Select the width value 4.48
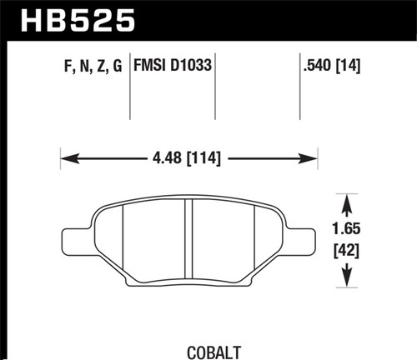click(170, 155)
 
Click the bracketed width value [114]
click(204, 155)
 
